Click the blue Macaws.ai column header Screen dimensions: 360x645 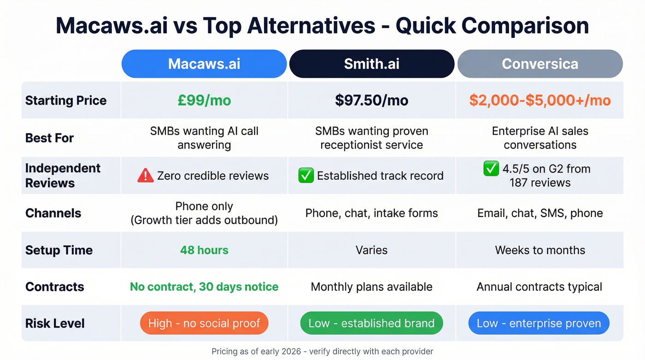(x=204, y=64)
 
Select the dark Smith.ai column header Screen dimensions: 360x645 (x=371, y=64)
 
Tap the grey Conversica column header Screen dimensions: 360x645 (x=539, y=64)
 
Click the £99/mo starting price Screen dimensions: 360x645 (x=204, y=100)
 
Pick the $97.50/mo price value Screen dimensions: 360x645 (x=371, y=100)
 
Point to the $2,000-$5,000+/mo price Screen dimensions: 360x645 (x=539, y=100)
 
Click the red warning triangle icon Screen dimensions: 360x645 (x=146, y=176)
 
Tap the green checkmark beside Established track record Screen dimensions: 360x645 (x=305, y=176)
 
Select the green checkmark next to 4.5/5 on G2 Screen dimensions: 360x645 (x=491, y=169)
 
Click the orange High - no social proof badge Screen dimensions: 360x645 (x=204, y=323)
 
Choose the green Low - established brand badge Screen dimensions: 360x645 (x=371, y=323)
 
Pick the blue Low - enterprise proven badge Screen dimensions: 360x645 (x=539, y=323)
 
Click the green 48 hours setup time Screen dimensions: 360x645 (x=204, y=250)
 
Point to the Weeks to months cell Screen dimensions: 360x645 (x=539, y=250)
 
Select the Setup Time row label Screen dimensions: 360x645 (x=59, y=250)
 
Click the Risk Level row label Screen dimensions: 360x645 (x=55, y=324)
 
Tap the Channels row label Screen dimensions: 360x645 (x=53, y=213)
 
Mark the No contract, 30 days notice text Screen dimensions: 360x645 (x=204, y=287)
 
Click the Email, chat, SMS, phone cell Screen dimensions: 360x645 (x=539, y=213)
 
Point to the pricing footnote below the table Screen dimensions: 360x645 (x=322, y=352)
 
